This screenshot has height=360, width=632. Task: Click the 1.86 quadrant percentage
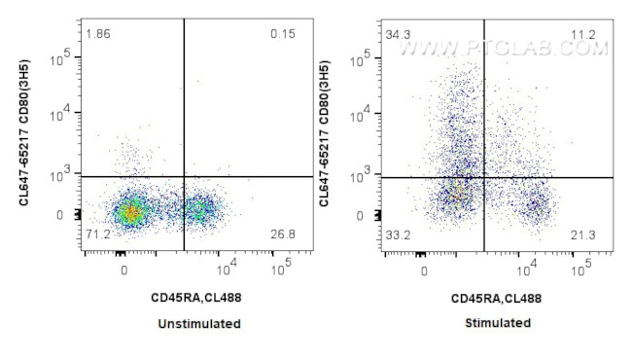(x=97, y=35)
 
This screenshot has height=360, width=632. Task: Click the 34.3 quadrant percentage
(x=397, y=35)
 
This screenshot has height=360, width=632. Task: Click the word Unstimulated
(x=201, y=323)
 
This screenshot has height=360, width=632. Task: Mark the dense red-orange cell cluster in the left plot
(x=129, y=209)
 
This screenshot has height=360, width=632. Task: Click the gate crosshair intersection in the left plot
(x=184, y=176)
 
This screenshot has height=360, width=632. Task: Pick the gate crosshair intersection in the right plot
(x=484, y=177)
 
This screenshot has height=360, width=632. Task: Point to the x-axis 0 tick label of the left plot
(x=124, y=270)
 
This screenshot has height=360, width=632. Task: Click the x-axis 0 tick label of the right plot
(x=425, y=270)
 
